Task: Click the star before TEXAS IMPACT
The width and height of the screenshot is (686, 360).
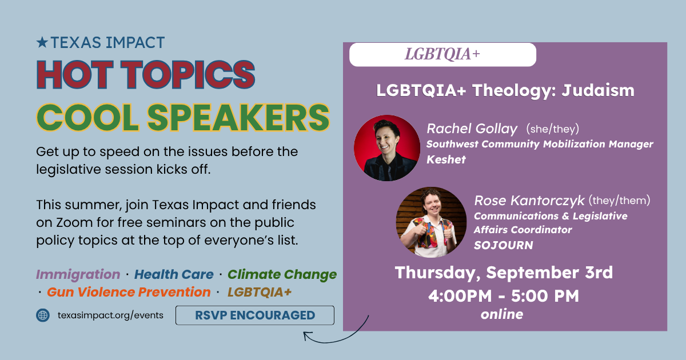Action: [x=42, y=42]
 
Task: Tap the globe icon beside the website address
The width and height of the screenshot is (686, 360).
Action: [x=43, y=315]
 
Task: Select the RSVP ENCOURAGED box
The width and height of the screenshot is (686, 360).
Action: [x=255, y=315]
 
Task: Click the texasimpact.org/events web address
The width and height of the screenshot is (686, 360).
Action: [x=110, y=315]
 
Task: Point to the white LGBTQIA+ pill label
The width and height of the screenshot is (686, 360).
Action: [x=442, y=54]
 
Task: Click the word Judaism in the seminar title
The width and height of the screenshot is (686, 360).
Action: [x=598, y=90]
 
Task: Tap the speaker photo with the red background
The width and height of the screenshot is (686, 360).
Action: [x=387, y=148]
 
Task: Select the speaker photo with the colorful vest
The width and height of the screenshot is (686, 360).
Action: [x=431, y=222]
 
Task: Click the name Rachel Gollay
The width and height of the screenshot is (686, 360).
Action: [x=472, y=129]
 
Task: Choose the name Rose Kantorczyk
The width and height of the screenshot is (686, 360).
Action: [x=529, y=201]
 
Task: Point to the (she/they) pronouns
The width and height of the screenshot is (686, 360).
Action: [x=552, y=129]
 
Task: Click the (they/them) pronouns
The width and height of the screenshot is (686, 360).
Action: [x=619, y=201]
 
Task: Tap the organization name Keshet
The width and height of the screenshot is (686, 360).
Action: [x=446, y=159]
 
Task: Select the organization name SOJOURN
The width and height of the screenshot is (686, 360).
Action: [x=504, y=245]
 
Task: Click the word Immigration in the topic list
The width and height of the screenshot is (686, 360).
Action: [x=78, y=275]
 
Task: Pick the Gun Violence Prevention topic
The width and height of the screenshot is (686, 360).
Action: [x=129, y=293]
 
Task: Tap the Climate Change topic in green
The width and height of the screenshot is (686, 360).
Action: [x=282, y=275]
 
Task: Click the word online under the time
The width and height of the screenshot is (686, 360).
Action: [x=502, y=314]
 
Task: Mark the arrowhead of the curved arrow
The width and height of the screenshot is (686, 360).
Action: [x=306, y=335]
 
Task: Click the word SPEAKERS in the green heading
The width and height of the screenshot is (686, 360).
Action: [x=238, y=118]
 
